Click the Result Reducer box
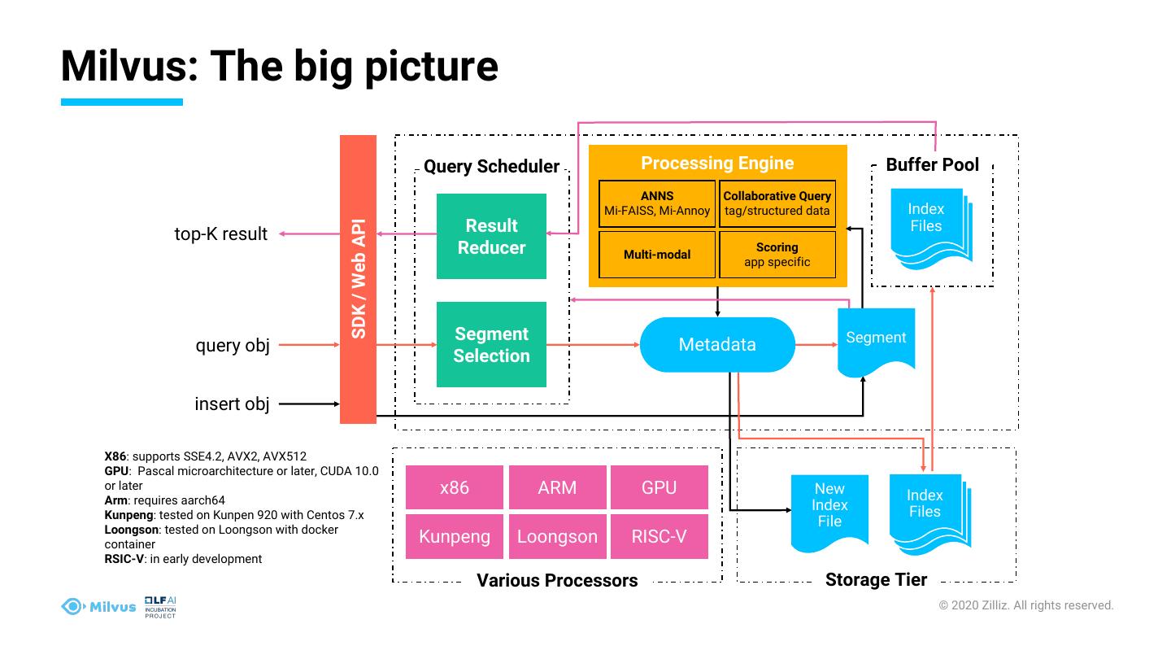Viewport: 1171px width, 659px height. (x=491, y=236)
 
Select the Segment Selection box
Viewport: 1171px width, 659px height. (x=491, y=344)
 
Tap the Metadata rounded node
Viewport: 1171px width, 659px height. (x=717, y=344)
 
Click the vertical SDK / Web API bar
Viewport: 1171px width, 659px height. (x=358, y=279)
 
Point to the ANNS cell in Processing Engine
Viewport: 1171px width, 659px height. (x=657, y=203)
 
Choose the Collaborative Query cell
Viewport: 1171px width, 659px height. (x=777, y=203)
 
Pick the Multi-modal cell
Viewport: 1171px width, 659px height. (x=657, y=255)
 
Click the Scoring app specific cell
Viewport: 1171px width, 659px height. (x=777, y=255)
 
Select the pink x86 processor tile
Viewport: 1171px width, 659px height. (x=455, y=487)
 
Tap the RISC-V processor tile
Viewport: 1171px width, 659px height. (x=659, y=536)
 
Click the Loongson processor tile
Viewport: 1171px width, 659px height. (x=557, y=536)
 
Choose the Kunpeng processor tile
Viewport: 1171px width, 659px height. (x=455, y=536)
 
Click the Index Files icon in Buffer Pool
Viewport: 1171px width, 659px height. (x=928, y=224)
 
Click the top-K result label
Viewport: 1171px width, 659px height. (x=220, y=234)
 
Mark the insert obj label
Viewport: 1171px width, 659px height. (x=232, y=404)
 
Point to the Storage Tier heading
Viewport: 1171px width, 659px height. (x=876, y=580)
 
